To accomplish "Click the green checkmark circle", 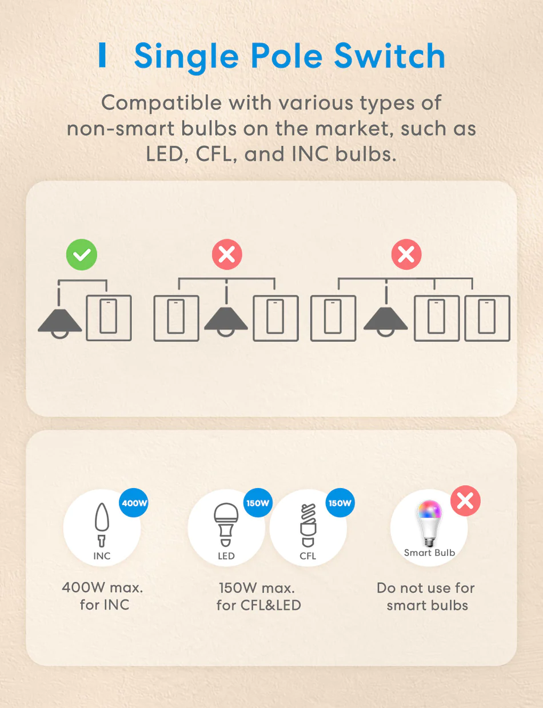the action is [81, 254].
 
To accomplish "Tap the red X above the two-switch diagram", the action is [227, 254].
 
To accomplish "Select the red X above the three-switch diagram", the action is [406, 254].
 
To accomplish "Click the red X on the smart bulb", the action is [465, 501].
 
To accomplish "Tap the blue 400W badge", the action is [134, 503].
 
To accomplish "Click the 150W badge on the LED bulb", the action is [258, 503].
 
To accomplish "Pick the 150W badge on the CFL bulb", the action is [340, 503].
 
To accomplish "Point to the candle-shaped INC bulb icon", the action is [102, 525].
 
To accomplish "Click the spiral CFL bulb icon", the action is [308, 525].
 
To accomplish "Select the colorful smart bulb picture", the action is [430, 523].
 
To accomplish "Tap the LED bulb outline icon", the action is [226, 525].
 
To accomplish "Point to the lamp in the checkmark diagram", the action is [59, 323].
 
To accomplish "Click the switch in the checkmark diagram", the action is [109, 318].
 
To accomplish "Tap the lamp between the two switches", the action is [226, 321].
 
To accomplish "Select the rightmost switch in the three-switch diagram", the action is [488, 318].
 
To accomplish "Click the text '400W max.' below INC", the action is [103, 588].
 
